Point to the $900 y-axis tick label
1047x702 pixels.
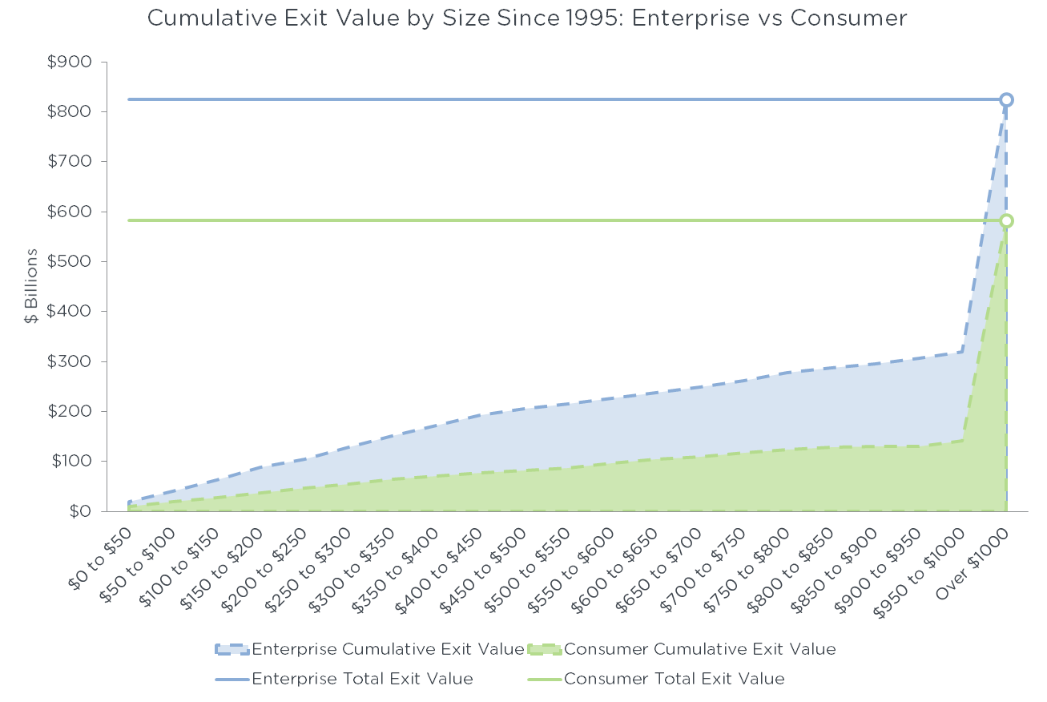pos(70,63)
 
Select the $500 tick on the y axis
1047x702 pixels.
pos(70,262)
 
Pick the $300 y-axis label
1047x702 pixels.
pos(70,361)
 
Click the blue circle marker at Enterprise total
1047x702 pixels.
pos(1006,100)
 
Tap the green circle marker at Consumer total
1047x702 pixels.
pos(1006,220)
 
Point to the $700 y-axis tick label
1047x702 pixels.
pos(70,162)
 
